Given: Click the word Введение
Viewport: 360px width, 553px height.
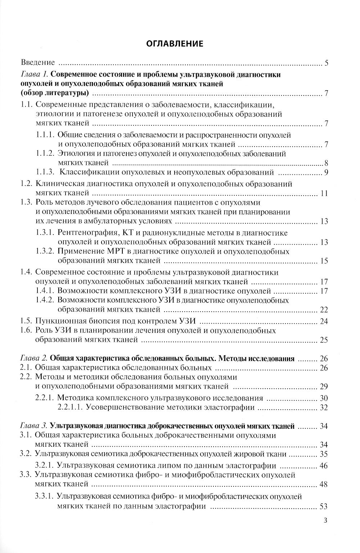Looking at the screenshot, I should [38, 63].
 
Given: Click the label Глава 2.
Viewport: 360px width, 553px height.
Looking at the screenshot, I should [34, 358].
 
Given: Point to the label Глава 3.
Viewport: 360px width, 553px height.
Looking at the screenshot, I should [34, 426].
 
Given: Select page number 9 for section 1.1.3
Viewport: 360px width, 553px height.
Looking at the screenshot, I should [326, 172].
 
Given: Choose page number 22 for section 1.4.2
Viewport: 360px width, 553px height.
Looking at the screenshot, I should [324, 309].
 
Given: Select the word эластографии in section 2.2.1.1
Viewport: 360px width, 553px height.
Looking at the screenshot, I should [233, 407].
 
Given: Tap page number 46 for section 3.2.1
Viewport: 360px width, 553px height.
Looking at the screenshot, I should [324, 465].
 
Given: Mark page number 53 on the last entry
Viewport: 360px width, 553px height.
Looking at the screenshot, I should [324, 506].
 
